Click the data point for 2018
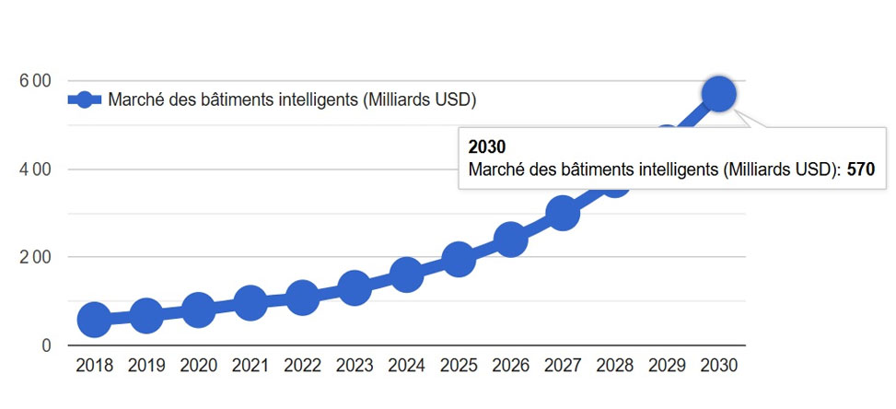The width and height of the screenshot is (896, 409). point(94,320)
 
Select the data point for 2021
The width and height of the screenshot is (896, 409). point(250,301)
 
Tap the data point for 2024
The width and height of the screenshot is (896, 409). point(406,275)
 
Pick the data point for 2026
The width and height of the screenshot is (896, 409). point(510,240)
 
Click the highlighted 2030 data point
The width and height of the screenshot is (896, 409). point(718,94)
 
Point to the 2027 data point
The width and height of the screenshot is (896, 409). point(563,214)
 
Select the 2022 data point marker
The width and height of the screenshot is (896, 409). point(302,298)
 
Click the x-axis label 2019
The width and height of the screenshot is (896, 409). point(146,366)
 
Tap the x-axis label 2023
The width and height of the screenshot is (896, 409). point(355,366)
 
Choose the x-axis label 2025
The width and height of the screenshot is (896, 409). point(459,366)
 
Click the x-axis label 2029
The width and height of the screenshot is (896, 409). point(667,366)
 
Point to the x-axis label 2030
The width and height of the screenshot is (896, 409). point(718,366)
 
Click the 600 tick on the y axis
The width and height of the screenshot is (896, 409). point(34,81)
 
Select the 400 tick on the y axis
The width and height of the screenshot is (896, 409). point(34,169)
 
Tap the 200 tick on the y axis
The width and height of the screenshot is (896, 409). point(34,257)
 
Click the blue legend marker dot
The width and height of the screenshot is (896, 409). point(84,99)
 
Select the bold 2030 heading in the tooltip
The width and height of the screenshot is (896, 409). point(487,147)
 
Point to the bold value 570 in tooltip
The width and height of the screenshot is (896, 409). point(860,169)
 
